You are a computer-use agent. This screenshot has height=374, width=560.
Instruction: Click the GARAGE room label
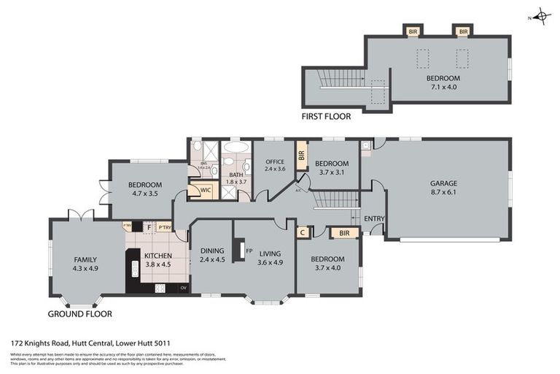click(x=443, y=184)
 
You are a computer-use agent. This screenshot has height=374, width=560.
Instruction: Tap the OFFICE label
click(x=274, y=162)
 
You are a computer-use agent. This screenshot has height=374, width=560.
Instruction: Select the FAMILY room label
click(x=85, y=259)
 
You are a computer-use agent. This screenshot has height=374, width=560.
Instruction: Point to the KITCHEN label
click(x=157, y=256)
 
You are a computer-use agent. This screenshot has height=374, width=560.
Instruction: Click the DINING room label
click(x=213, y=251)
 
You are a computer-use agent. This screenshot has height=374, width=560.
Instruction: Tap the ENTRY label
click(x=374, y=218)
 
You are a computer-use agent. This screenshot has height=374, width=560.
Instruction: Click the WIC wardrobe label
click(x=195, y=192)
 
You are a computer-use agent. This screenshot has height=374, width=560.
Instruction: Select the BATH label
click(x=236, y=175)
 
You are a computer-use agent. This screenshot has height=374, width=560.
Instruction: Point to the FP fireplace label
click(x=249, y=251)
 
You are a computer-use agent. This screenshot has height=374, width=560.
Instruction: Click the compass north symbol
click(x=540, y=17)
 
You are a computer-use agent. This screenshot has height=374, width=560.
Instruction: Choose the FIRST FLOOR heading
click(x=326, y=116)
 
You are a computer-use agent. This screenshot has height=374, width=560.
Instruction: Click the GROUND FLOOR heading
click(x=79, y=314)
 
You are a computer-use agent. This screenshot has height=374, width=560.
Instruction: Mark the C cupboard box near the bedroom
click(x=303, y=232)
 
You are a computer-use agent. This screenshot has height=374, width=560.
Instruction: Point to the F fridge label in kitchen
click(x=149, y=227)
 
